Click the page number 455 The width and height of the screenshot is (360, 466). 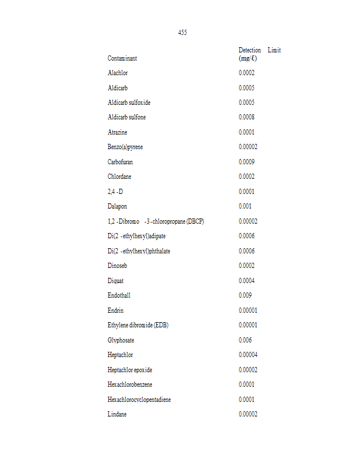click(182, 33)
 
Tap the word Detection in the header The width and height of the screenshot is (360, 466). click(250, 50)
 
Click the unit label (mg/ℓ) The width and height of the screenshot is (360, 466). click(248, 58)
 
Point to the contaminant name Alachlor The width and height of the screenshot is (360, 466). click(118, 73)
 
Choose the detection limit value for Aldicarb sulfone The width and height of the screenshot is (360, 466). click(246, 117)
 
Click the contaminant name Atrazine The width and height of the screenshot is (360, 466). click(117, 132)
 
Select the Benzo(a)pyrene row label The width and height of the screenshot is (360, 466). click(125, 147)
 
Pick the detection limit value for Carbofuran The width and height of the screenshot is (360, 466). click(246, 162)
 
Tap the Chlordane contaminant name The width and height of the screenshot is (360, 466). click(119, 176)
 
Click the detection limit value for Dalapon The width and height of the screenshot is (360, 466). click(245, 206)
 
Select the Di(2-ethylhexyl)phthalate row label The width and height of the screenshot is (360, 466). click(139, 251)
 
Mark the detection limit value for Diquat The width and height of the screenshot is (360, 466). click(246, 281)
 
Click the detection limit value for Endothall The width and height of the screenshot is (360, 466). click(245, 295)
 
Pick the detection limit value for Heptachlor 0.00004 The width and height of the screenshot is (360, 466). click(248, 355)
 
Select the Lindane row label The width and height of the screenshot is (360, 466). click(117, 414)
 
